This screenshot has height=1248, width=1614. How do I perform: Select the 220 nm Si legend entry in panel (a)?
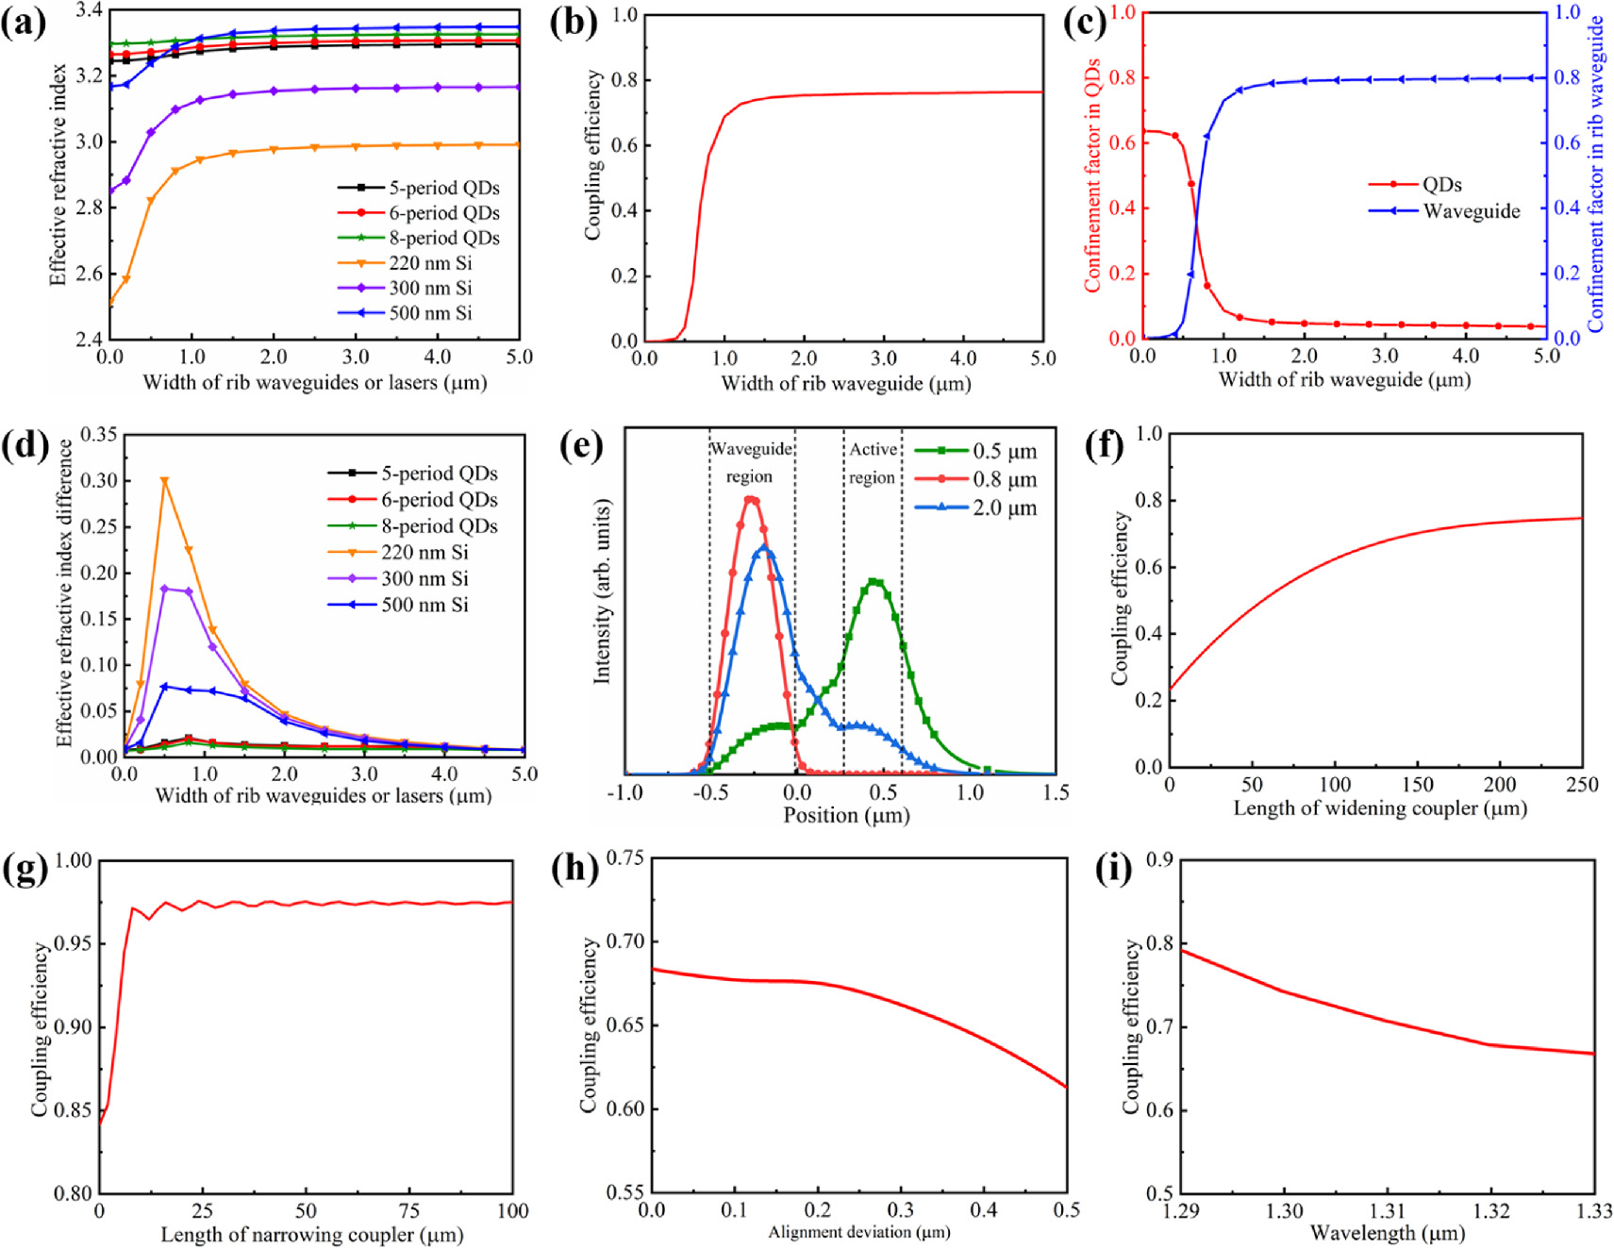pyautogui.click(x=430, y=263)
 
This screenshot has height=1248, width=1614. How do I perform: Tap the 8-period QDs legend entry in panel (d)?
pyautogui.click(x=439, y=526)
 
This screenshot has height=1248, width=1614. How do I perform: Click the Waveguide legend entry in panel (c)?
pyautogui.click(x=1471, y=211)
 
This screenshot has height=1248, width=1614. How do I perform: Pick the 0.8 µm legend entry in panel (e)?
pyautogui.click(x=1004, y=480)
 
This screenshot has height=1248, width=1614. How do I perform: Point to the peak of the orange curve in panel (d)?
pyautogui.click(x=165, y=480)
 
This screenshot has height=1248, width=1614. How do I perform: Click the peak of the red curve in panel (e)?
pyautogui.click(x=751, y=499)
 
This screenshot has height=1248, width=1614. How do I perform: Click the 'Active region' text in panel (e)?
pyautogui.click(x=873, y=463)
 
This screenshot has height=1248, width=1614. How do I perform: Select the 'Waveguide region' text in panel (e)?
pyautogui.click(x=751, y=462)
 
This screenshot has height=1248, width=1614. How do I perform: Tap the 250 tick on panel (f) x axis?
pyautogui.click(x=1581, y=785)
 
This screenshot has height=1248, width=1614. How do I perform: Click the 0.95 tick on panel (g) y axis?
pyautogui.click(x=74, y=943)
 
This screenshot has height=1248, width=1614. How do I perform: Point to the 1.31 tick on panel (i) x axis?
pyautogui.click(x=1387, y=1211)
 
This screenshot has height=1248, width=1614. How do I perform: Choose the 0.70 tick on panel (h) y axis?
pyautogui.click(x=625, y=941)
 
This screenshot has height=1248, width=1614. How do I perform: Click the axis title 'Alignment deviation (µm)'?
pyautogui.click(x=858, y=1232)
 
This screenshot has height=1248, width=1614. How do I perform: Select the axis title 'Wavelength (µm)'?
pyautogui.click(x=1387, y=1233)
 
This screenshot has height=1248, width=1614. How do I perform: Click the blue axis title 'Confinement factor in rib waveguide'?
pyautogui.click(x=1596, y=175)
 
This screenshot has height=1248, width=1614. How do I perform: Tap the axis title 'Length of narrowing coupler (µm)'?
pyautogui.click(x=311, y=1235)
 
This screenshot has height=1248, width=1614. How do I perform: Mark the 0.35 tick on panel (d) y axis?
pyautogui.click(x=99, y=435)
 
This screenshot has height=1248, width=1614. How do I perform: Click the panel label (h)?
pyautogui.click(x=574, y=869)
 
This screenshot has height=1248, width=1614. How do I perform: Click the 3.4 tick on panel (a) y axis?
pyautogui.click(x=88, y=10)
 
